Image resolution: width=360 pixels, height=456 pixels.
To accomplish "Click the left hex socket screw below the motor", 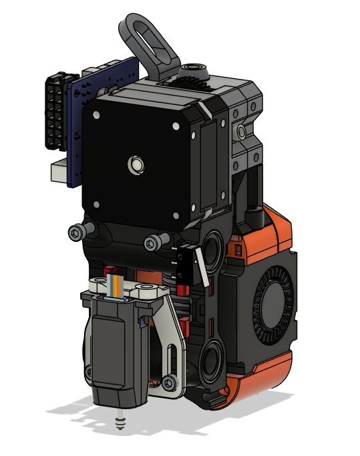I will click(x=78, y=233).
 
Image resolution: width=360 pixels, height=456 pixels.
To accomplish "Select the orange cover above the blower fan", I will click(x=267, y=231).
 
